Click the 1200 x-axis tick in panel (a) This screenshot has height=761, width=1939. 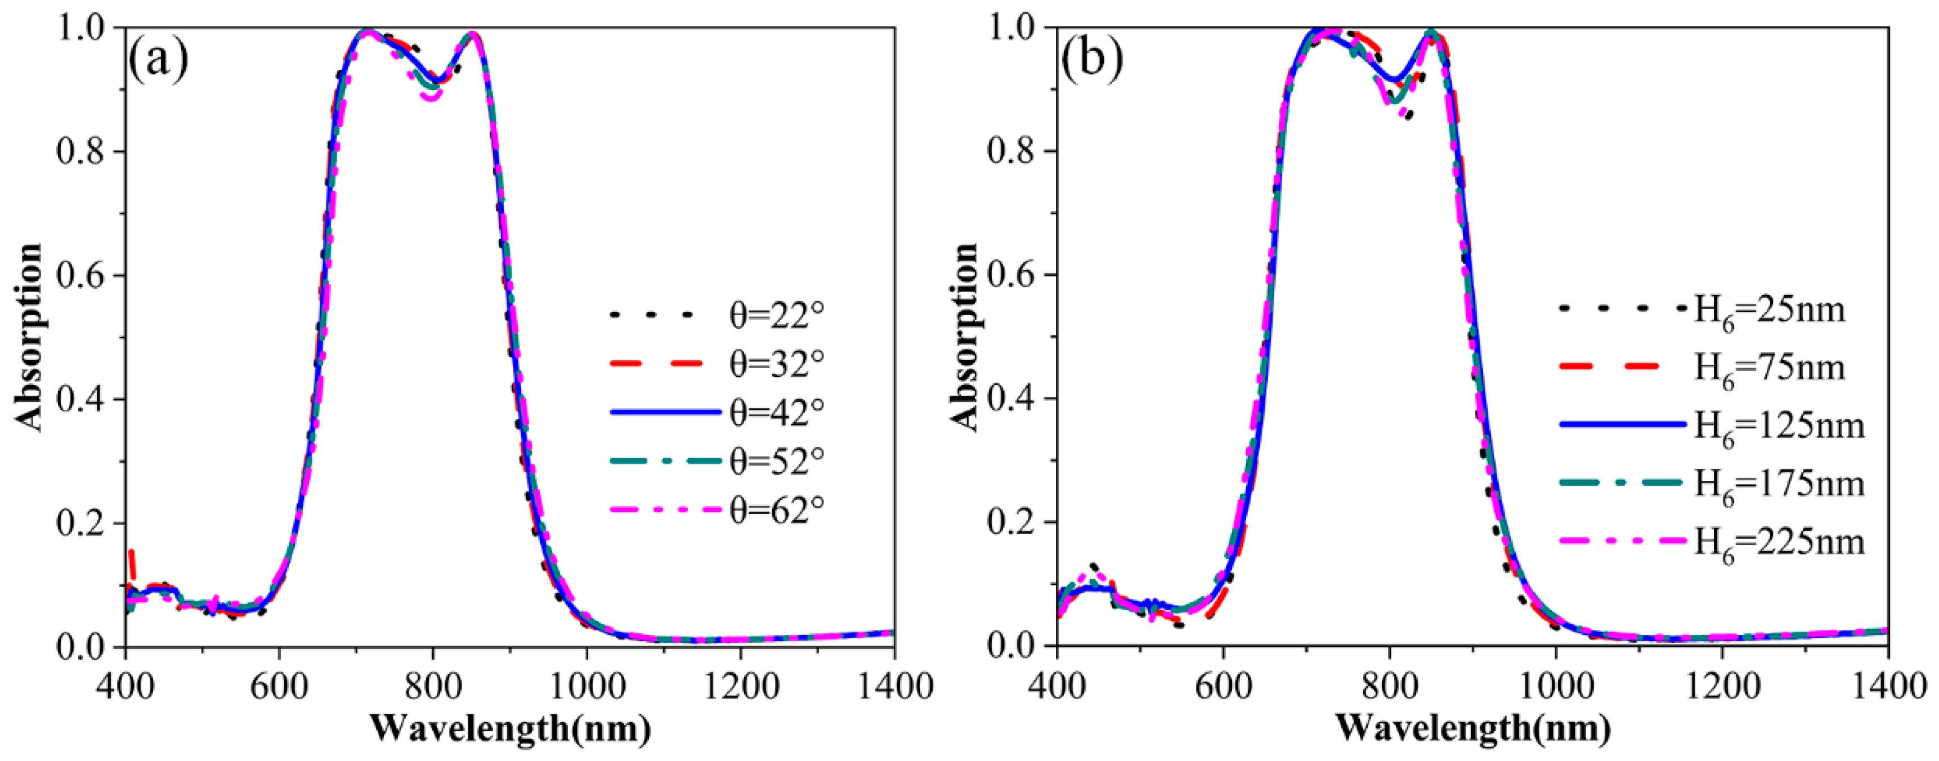(x=740, y=687)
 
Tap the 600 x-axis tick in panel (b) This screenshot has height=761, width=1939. (x=1223, y=687)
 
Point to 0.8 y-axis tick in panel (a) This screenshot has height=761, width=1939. (x=80, y=151)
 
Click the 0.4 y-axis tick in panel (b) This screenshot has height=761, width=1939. (x=1013, y=399)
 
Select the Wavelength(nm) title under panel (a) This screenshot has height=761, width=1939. (x=511, y=728)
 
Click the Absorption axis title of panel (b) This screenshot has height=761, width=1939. (x=965, y=337)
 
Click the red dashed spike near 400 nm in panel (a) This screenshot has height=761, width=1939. (x=132, y=557)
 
